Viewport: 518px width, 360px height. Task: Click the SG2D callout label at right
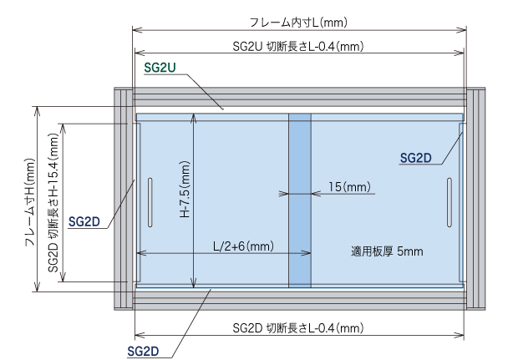pos(415,156)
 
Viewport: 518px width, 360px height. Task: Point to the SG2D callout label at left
pos(84,221)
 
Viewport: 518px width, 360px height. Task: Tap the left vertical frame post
pos(122,199)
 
